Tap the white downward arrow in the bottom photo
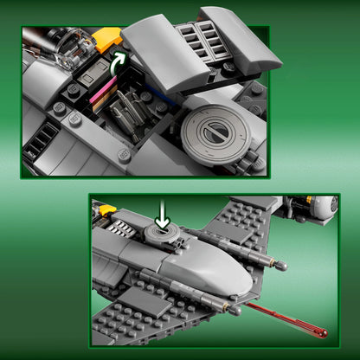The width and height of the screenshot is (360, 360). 162,216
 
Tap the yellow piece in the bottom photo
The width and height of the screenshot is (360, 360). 107,209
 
